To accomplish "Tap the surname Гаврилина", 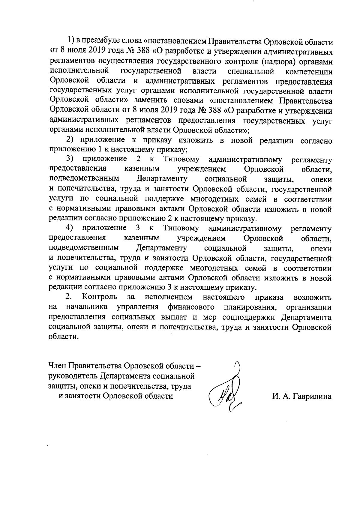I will [312, 397].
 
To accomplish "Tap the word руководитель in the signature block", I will [73, 376].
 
